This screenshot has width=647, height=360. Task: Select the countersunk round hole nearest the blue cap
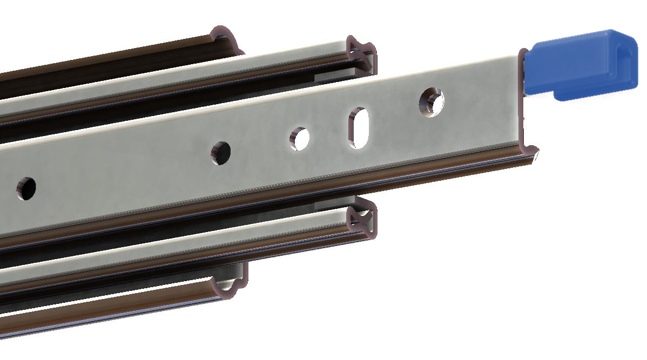tap(432, 101)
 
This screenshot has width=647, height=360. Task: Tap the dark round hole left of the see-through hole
tap(220, 153)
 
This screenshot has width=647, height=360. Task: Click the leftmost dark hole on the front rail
tap(25, 187)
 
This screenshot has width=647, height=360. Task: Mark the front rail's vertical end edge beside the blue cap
tap(523, 97)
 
